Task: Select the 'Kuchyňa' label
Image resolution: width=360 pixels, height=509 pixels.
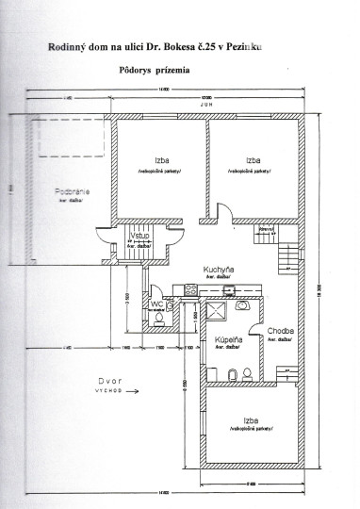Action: coord(219,269)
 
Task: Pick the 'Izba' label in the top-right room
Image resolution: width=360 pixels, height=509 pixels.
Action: coord(251,160)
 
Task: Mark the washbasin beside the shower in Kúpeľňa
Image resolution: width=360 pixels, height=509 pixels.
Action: coord(243,306)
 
